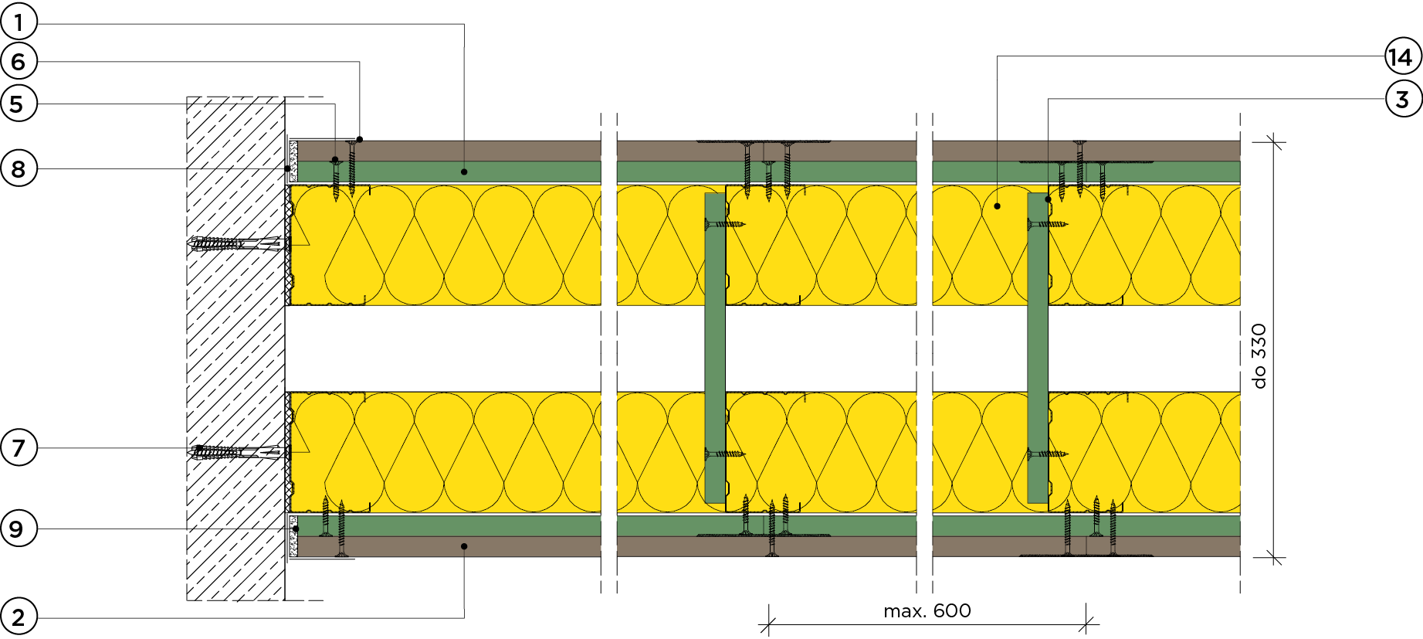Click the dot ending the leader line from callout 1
[464, 172]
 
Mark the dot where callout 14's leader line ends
[998, 206]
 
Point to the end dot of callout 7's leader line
[199, 448]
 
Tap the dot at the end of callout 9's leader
[296, 529]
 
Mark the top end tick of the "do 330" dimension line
[1274, 141]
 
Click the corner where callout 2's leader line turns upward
[464, 617]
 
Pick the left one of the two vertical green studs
[716, 348]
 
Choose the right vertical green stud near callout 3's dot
[1038, 348]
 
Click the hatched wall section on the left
[235, 348]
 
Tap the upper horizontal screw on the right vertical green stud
[1047, 225]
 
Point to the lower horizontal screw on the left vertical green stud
[725, 454]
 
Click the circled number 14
[1401, 56]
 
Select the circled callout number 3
[1403, 99]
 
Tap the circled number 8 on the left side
[19, 168]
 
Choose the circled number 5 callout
[19, 104]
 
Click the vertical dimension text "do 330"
[1259, 355]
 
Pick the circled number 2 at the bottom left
[19, 617]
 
